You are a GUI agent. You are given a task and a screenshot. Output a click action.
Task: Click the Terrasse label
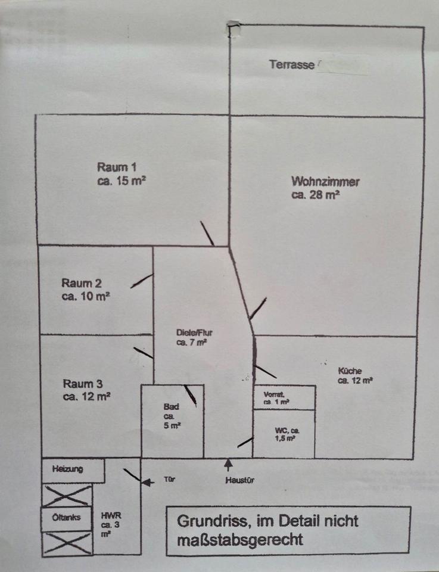tap(291, 64)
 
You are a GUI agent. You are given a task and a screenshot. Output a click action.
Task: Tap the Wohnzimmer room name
tap(325, 181)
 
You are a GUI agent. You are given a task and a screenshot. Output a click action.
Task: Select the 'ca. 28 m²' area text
tap(316, 194)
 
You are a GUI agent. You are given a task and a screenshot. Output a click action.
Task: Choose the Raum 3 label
tap(86, 383)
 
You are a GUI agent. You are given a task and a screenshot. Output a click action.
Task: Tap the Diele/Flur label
tap(194, 332)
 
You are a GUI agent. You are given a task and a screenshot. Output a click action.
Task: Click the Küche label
tap(350, 369)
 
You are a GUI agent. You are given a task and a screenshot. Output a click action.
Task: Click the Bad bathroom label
tap(171, 406)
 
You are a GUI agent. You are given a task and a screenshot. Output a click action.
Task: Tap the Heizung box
tap(67, 469)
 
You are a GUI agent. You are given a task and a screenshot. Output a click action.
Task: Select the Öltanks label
tap(63, 517)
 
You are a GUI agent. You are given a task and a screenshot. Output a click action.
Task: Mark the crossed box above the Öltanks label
tap(67, 495)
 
